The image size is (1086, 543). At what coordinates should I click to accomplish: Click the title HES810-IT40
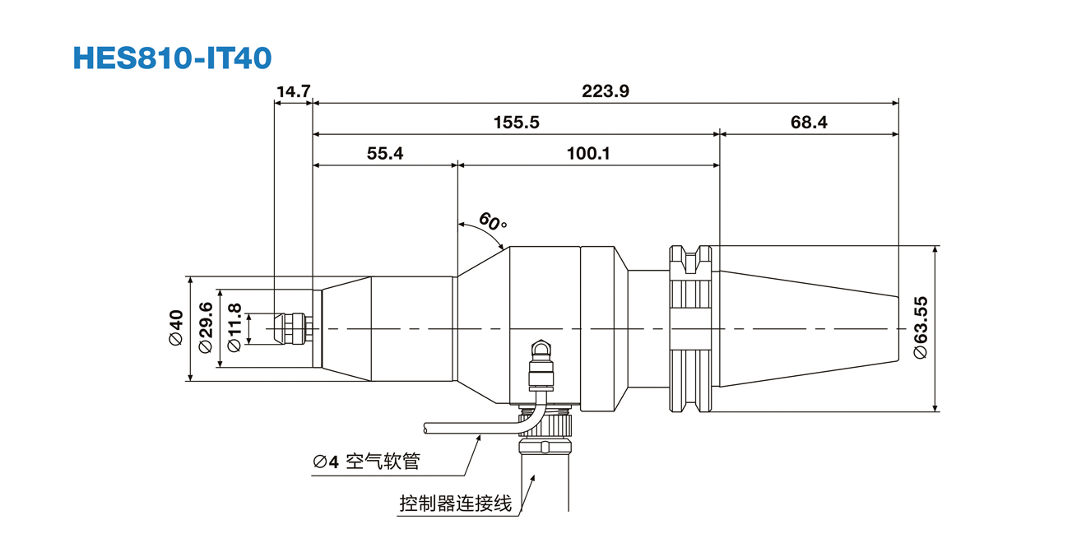(172, 58)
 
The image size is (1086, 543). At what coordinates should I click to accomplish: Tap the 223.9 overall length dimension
(606, 91)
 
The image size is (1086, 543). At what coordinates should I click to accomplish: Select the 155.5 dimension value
(516, 123)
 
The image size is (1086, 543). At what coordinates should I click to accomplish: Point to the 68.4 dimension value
(809, 123)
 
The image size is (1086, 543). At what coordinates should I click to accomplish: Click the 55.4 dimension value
(385, 153)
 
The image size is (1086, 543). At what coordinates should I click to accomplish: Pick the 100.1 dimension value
(588, 153)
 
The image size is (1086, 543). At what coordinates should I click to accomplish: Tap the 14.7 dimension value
(293, 91)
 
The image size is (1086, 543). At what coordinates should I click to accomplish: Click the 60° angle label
(493, 221)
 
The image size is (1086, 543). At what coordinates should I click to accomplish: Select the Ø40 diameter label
(176, 327)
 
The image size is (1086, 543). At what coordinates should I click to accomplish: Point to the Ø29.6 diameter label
(206, 327)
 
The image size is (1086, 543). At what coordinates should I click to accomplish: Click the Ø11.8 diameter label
(234, 327)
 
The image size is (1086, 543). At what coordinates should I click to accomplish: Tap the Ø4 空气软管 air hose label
(366, 462)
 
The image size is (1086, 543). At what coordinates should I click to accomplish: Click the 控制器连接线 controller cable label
(455, 503)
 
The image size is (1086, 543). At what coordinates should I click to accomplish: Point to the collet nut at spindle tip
(291, 328)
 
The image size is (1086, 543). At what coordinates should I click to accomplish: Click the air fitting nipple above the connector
(541, 354)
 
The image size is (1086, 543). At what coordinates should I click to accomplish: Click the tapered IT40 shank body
(806, 328)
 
